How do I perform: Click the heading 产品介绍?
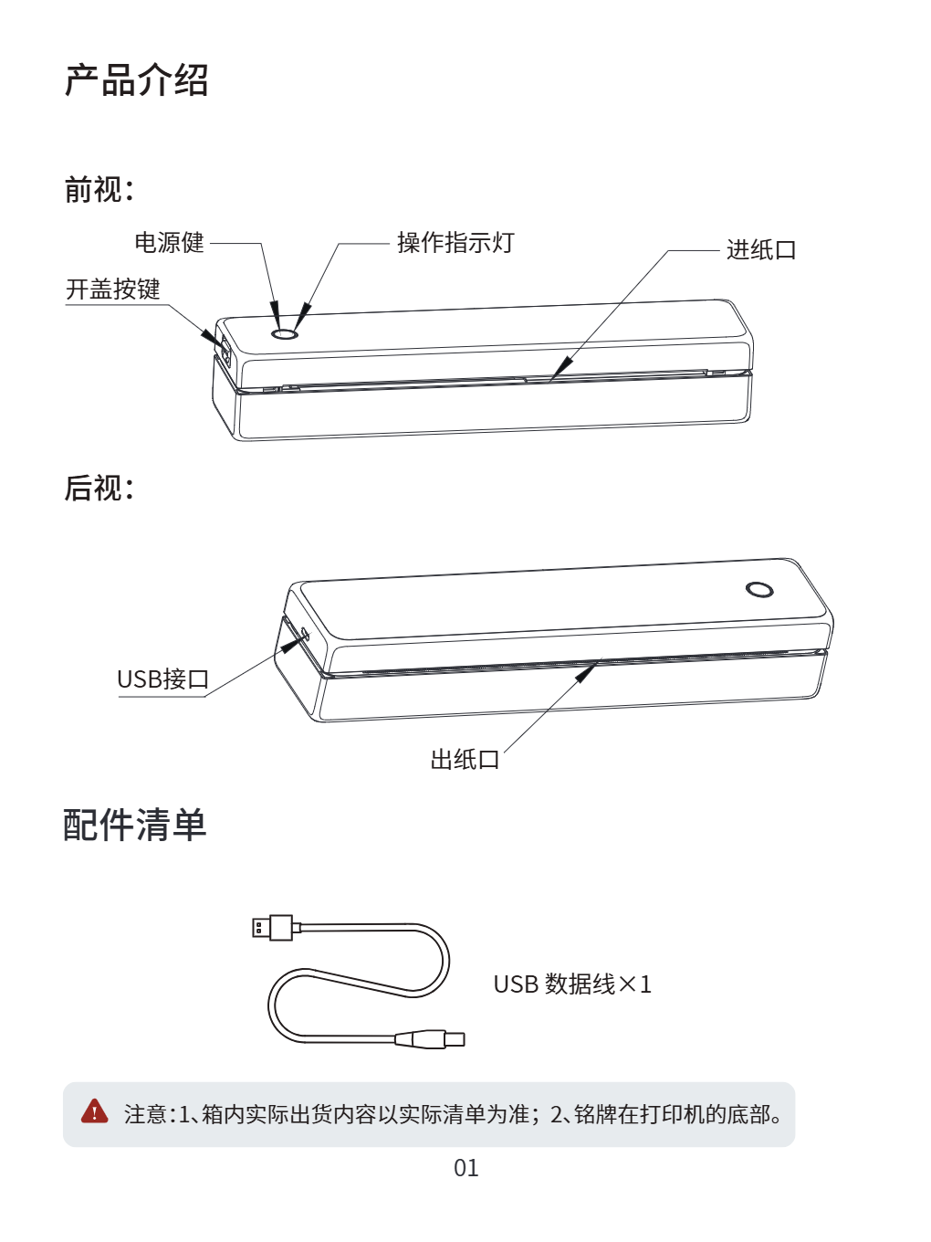(137, 80)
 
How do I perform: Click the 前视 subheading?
(99, 189)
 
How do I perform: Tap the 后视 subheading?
(99, 488)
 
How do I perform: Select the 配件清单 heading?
(135, 825)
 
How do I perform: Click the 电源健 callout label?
(169, 243)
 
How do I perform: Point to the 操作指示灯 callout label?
(455, 243)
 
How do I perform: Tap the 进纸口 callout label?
(761, 250)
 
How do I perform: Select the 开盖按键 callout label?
(113, 289)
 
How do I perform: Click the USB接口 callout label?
(163, 679)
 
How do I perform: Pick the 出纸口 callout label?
(465, 760)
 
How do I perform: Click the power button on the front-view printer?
(285, 334)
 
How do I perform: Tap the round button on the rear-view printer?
(759, 589)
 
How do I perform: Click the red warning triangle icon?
(95, 1111)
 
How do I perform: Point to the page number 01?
(466, 1168)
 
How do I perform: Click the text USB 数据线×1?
(572, 984)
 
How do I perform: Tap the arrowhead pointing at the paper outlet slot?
(585, 674)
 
